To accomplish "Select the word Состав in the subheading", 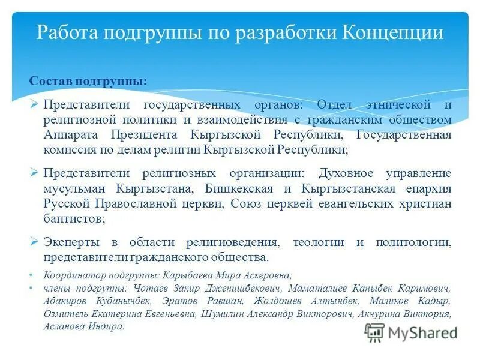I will tap(50, 81).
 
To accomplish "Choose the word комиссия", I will tap(67, 149).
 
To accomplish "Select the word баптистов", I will tap(74, 219).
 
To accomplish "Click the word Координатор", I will tap(73, 275).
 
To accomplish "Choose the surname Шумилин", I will tap(225, 314).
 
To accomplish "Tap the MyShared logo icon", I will tap(374, 332).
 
